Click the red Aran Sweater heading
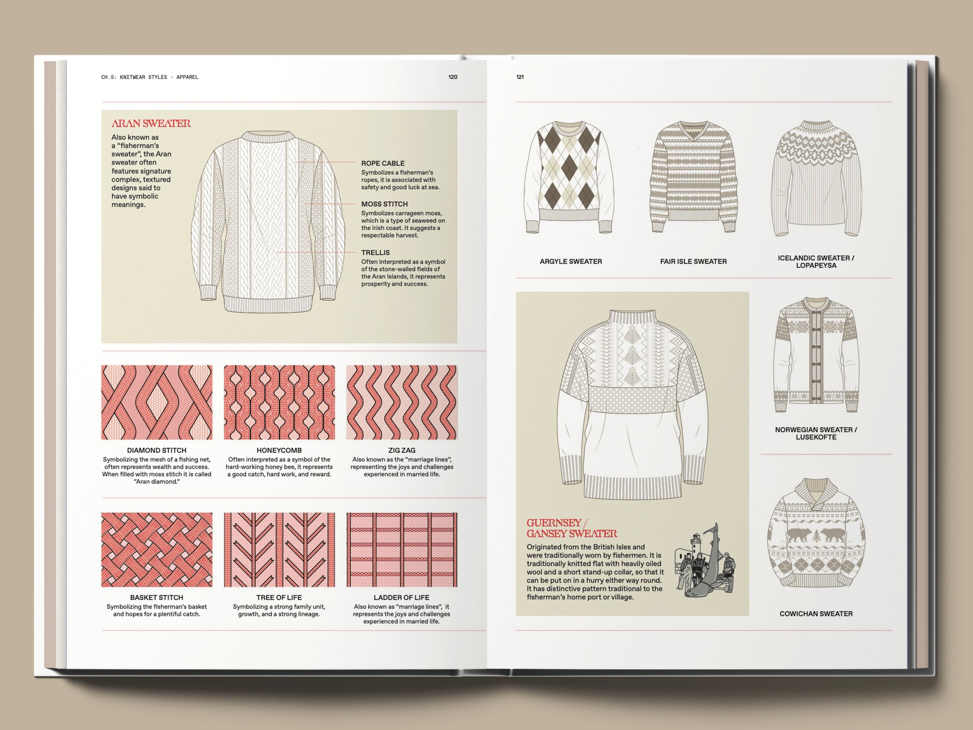pyautogui.click(x=151, y=124)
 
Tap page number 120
pyautogui.click(x=452, y=77)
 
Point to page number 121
pyautogui.click(x=520, y=77)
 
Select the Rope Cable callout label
pyautogui.click(x=383, y=163)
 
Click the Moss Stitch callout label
pyautogui.click(x=384, y=204)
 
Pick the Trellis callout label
pyautogui.click(x=375, y=253)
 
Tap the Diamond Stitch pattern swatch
pyautogui.click(x=156, y=402)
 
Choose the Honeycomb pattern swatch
pyautogui.click(x=279, y=402)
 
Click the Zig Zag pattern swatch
pyautogui.click(x=402, y=402)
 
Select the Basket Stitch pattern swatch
pyautogui.click(x=156, y=550)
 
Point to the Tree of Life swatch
pyautogui.click(x=279, y=550)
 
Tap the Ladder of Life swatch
pyautogui.click(x=402, y=550)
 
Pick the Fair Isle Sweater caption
pyautogui.click(x=693, y=261)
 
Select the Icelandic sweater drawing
pyautogui.click(x=816, y=178)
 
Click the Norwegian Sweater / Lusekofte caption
pyautogui.click(x=816, y=433)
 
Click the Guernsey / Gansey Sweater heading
pyautogui.click(x=571, y=528)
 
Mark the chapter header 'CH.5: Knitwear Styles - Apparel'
pyautogui.click(x=150, y=77)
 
